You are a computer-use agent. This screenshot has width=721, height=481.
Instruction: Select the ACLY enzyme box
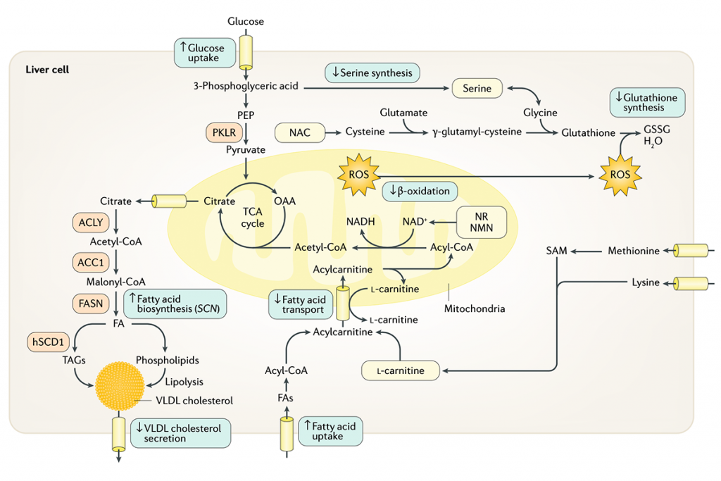tap(91, 223)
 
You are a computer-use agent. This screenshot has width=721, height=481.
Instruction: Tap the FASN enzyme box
tap(91, 304)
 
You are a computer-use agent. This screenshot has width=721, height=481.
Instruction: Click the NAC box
tap(299, 132)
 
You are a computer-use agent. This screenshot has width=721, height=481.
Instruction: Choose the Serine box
tap(477, 89)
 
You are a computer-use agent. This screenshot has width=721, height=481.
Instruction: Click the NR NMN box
tap(482, 222)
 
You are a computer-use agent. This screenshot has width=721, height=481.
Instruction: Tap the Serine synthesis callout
tap(372, 73)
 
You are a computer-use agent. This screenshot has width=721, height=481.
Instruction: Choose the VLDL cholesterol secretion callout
tap(180, 433)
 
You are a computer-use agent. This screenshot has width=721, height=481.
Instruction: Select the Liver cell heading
tap(47, 70)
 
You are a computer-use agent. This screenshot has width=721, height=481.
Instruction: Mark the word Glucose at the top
tap(246, 21)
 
